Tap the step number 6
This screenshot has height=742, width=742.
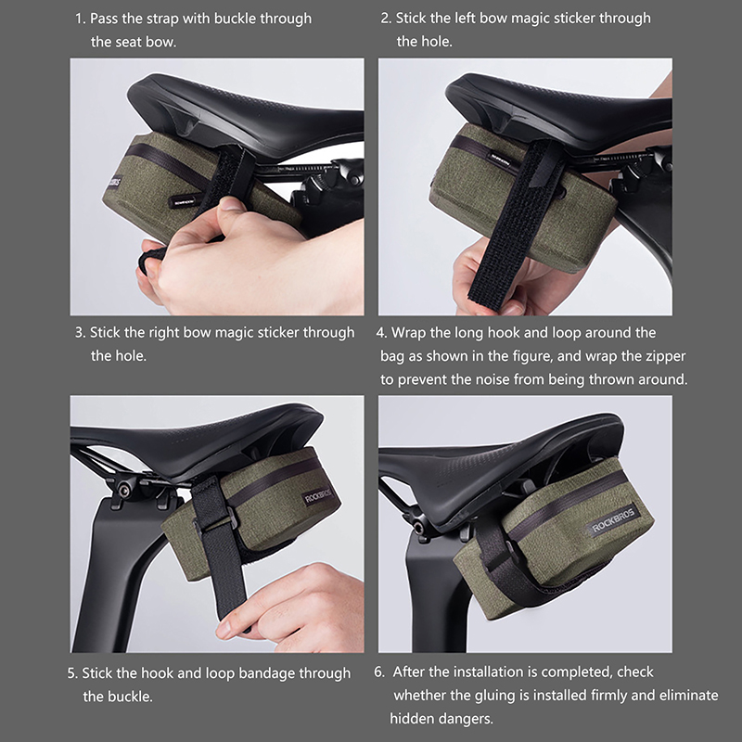379,672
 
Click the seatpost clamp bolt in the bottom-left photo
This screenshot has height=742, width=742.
123,491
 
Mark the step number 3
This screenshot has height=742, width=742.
81,333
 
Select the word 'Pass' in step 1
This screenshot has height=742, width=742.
104,19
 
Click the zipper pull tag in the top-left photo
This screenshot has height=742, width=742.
180,200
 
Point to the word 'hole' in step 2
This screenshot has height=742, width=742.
436,42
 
